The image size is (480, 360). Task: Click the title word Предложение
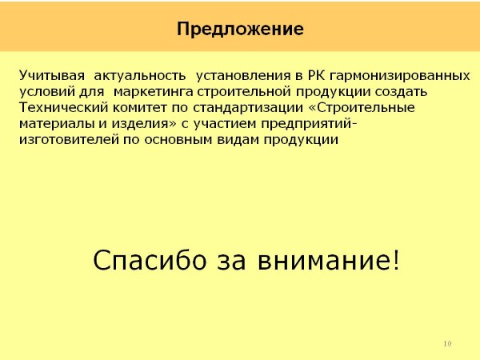(240, 30)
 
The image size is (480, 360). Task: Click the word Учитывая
(52, 76)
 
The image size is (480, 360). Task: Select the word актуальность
(139, 76)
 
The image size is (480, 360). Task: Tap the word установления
(243, 76)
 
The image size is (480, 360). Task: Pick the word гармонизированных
(400, 76)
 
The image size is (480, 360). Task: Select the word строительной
(244, 91)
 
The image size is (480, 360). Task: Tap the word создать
(402, 91)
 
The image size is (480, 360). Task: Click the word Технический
(64, 107)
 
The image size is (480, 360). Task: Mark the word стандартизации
(248, 107)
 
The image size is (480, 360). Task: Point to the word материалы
(57, 124)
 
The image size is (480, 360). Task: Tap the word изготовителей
(69, 139)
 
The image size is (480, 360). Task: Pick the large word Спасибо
(150, 260)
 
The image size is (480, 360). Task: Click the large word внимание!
(329, 260)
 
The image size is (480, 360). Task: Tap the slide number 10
(447, 343)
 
